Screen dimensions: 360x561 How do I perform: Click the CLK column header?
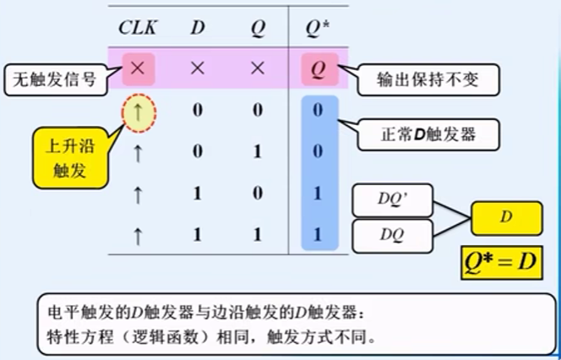[137, 26]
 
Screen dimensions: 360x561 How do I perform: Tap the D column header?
[197, 26]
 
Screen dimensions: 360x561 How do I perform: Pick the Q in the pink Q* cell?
[320, 68]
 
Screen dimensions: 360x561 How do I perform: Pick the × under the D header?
[197, 68]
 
